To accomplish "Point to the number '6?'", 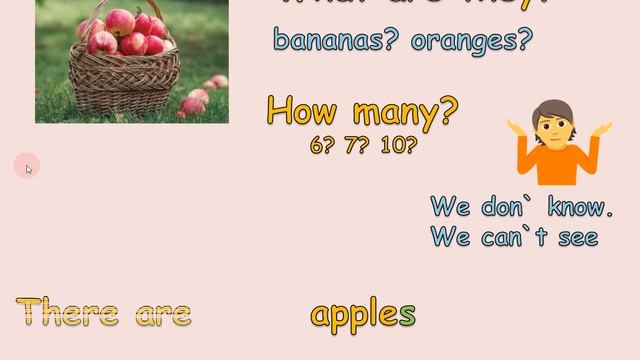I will [322, 145].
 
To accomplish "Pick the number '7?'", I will [357, 145].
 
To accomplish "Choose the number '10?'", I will [398, 145].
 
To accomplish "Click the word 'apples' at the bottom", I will [363, 314].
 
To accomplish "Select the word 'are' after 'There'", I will [163, 314].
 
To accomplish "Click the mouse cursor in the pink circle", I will [28, 168].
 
